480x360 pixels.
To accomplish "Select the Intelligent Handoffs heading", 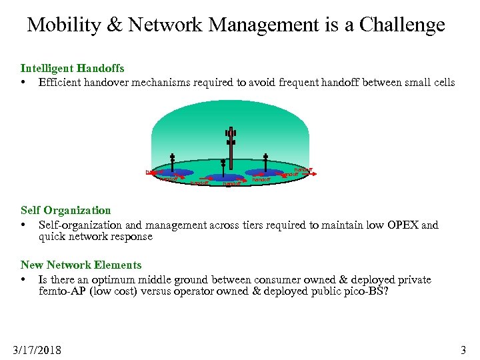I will (x=72, y=68).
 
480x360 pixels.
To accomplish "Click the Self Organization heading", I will (x=65, y=211).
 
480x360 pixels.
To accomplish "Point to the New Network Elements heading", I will (x=81, y=265).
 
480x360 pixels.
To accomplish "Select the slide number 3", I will (x=463, y=349).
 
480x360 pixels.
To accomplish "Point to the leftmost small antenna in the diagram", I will (x=172, y=164).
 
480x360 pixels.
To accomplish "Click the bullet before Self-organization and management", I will (x=23, y=225).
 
